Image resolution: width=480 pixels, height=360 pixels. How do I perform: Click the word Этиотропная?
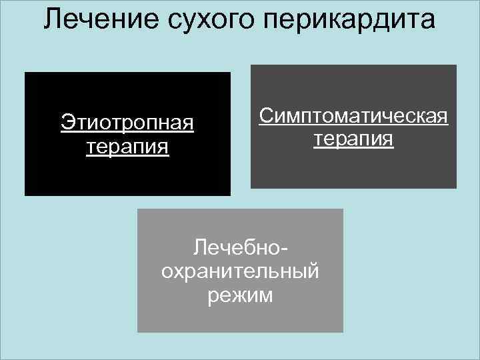127,123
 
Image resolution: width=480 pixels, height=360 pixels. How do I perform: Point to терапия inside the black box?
127,146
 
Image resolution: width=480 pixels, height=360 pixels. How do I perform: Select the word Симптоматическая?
354,117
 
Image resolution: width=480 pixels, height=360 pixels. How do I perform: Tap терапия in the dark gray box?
354,140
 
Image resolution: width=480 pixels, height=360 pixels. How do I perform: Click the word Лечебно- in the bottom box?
241,249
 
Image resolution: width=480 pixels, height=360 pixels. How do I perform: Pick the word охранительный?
241,271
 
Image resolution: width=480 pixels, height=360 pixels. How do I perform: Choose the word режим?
241,294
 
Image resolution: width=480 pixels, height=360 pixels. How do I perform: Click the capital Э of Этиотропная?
67,123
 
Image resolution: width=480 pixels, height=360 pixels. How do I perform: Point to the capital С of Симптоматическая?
266,117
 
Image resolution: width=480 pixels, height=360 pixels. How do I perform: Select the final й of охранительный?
313,271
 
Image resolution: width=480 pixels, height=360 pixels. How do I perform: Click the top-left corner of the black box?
25,73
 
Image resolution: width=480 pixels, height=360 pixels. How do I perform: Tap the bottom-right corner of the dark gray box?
456,188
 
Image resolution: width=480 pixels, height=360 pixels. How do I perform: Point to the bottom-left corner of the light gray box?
138,331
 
